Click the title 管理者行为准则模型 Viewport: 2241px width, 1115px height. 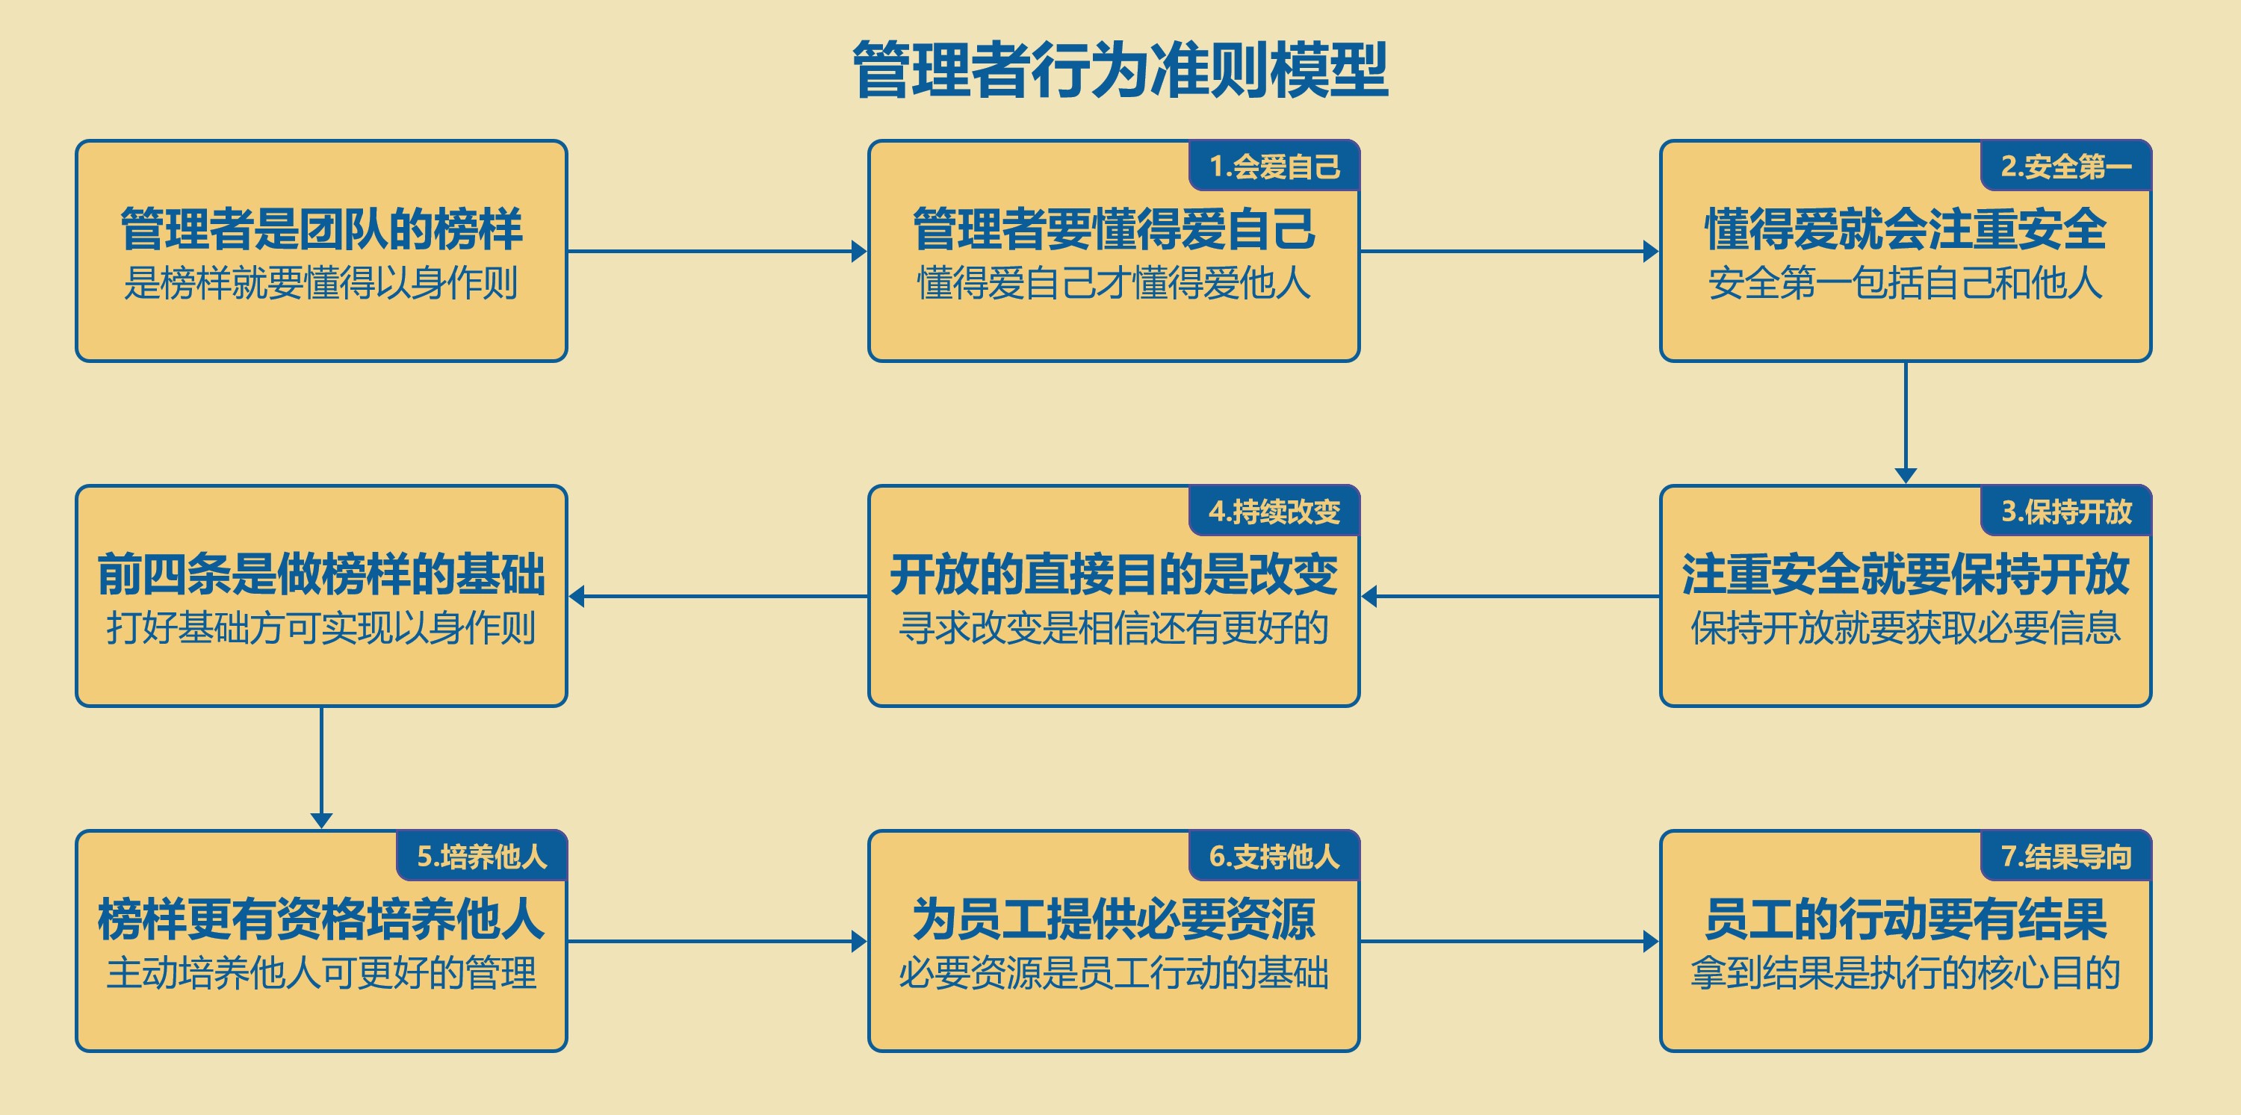point(1120,69)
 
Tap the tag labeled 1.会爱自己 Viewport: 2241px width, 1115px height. point(1274,165)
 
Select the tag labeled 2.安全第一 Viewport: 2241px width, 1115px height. point(2065,165)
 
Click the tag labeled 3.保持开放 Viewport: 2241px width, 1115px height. point(2065,511)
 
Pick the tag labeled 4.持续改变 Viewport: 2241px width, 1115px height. point(1274,511)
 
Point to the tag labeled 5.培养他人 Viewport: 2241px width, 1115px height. point(481,856)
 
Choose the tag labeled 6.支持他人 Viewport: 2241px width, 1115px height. point(1274,856)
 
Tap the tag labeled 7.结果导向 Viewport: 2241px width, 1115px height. point(2065,856)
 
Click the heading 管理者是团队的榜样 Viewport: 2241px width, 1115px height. point(321,229)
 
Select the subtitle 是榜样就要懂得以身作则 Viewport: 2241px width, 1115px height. point(321,282)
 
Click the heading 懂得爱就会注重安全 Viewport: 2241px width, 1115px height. point(1905,229)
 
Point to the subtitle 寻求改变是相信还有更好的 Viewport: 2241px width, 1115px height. point(1114,628)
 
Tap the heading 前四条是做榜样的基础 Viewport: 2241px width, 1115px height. point(321,574)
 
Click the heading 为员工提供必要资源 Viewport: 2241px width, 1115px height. point(1114,919)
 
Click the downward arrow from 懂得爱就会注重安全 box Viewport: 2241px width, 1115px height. point(1905,423)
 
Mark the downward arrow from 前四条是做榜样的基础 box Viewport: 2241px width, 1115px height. point(321,768)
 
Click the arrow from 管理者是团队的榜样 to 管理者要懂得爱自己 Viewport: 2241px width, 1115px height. point(718,252)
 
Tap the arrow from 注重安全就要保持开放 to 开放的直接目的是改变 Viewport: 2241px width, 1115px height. point(1510,597)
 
